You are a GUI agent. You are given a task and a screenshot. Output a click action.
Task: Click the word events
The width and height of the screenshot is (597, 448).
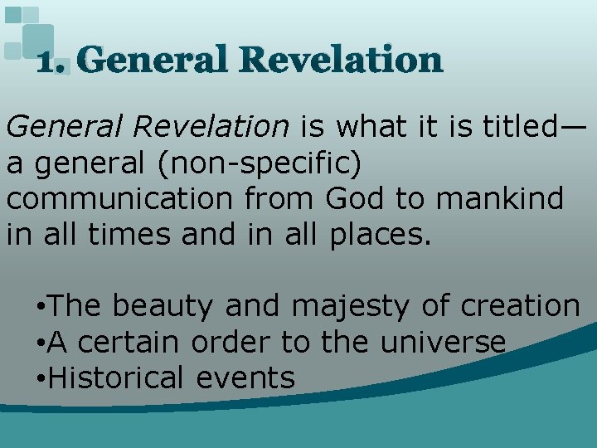(x=245, y=378)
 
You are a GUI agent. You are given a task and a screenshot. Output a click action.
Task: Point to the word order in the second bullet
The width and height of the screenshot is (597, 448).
(x=239, y=342)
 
